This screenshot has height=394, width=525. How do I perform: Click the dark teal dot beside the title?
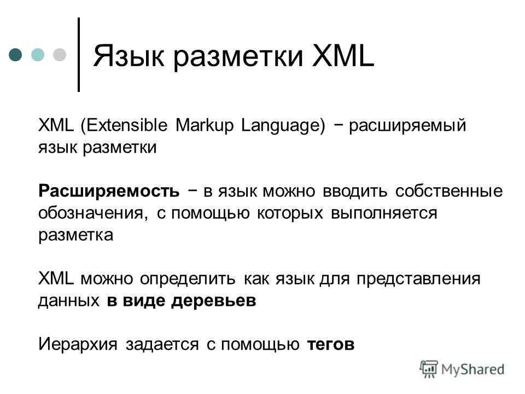click(x=15, y=55)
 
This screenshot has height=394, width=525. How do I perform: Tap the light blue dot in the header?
click(x=38, y=55)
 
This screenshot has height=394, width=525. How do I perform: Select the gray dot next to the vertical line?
click(x=60, y=55)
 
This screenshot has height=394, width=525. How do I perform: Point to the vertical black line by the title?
click(x=79, y=55)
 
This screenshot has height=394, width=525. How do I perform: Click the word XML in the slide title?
click(x=343, y=56)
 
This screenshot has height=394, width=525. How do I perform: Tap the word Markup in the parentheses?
click(x=204, y=126)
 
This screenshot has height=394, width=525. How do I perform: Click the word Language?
click(x=283, y=126)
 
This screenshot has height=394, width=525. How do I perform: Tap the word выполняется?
click(x=384, y=213)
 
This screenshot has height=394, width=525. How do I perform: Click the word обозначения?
click(x=93, y=213)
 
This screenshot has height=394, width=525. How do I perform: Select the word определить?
click(x=188, y=279)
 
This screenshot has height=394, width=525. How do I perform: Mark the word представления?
click(x=418, y=279)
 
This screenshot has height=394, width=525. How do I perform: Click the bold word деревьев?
click(x=214, y=300)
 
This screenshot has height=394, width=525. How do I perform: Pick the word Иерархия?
click(x=78, y=344)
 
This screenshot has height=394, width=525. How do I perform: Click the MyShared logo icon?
click(x=429, y=369)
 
